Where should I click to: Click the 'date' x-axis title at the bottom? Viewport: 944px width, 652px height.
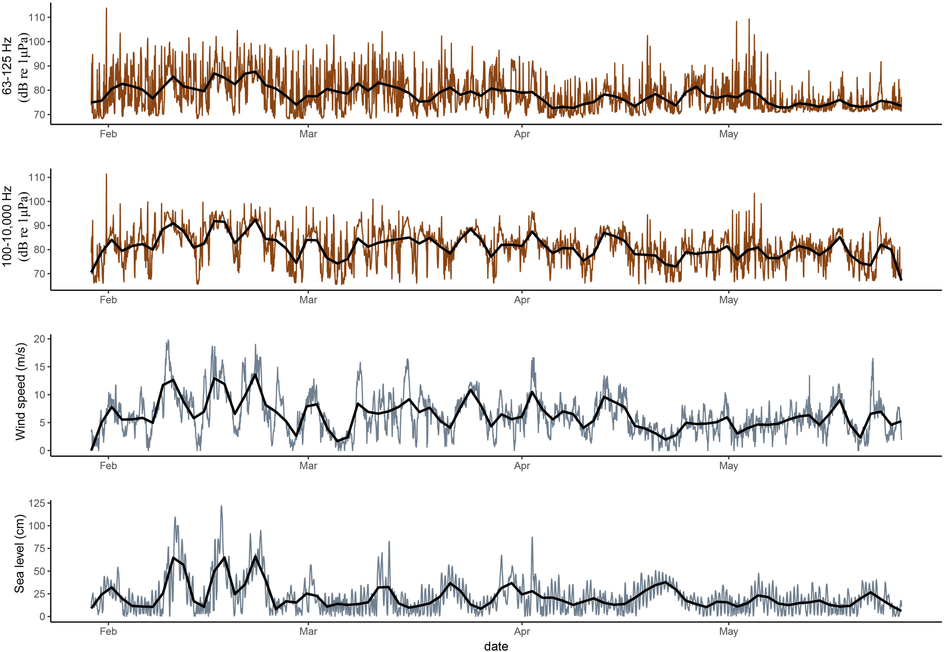pyautogui.click(x=496, y=646)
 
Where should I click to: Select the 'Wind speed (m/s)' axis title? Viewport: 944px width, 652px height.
pyautogui.click(x=20, y=392)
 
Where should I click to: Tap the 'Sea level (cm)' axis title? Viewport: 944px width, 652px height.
pyautogui.click(x=19, y=553)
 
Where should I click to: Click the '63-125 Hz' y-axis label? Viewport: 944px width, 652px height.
pyautogui.click(x=7, y=65)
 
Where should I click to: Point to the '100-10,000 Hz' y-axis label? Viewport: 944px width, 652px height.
pyautogui.click(x=7, y=226)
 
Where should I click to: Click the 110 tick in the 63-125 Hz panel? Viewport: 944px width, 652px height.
pyautogui.click(x=37, y=18)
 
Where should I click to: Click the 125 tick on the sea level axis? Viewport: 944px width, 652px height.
pyautogui.click(x=37, y=503)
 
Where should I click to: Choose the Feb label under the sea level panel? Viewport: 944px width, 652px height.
pyautogui.click(x=108, y=631)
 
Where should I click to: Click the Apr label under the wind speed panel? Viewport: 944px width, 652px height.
pyautogui.click(x=521, y=466)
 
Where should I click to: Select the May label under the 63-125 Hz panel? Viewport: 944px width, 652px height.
pyautogui.click(x=728, y=134)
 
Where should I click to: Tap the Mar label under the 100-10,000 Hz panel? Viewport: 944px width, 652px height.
pyautogui.click(x=308, y=300)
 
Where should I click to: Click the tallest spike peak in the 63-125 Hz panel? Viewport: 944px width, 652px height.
pyautogui.click(x=106, y=8)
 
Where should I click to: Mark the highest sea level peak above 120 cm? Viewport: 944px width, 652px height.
pyautogui.click(x=221, y=506)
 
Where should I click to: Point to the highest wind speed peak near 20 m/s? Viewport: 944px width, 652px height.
pyautogui.click(x=168, y=340)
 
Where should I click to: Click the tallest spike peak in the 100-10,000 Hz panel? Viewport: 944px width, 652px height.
pyautogui.click(x=106, y=174)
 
